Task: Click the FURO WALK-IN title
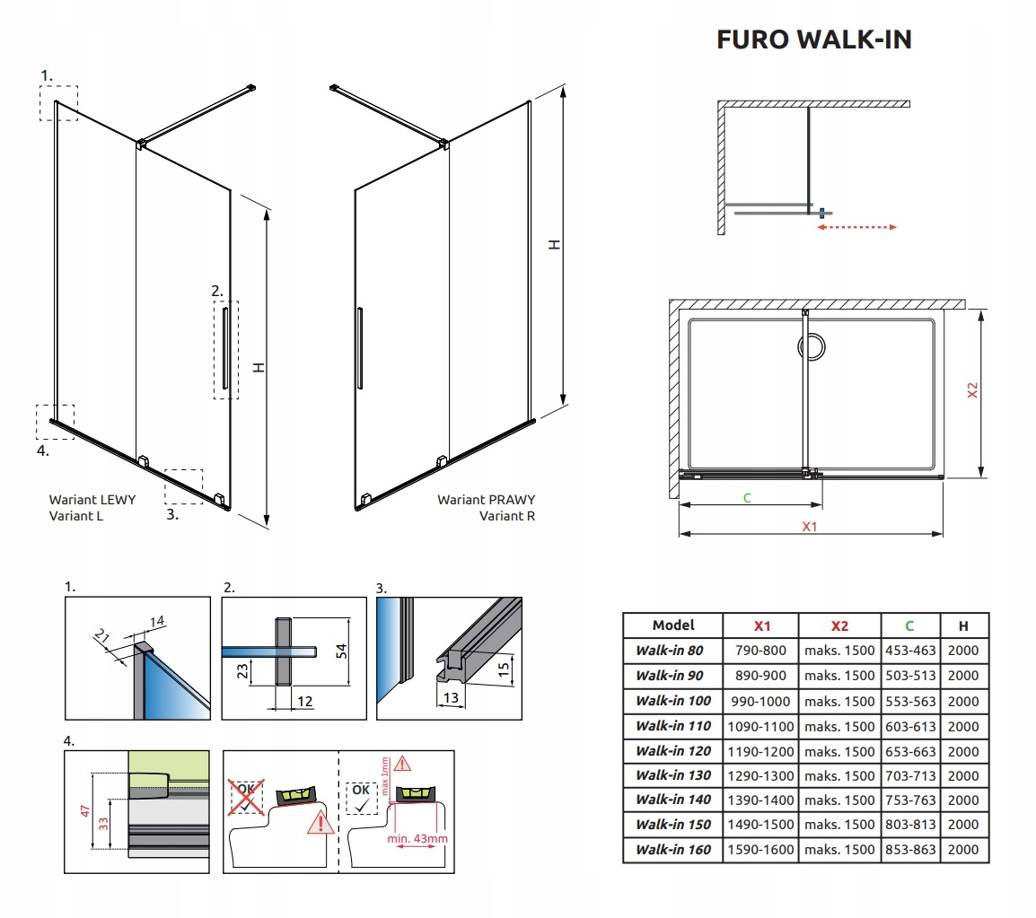click(x=813, y=40)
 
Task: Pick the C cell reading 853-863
click(x=910, y=849)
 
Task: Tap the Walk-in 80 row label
click(x=669, y=651)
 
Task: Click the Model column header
click(x=673, y=625)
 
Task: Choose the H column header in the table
click(x=963, y=625)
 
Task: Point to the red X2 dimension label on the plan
click(x=971, y=391)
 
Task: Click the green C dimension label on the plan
click(x=747, y=496)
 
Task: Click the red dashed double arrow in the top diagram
click(x=857, y=228)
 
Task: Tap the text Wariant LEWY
click(x=92, y=499)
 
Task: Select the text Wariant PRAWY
click(x=486, y=499)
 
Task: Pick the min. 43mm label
click(x=416, y=838)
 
